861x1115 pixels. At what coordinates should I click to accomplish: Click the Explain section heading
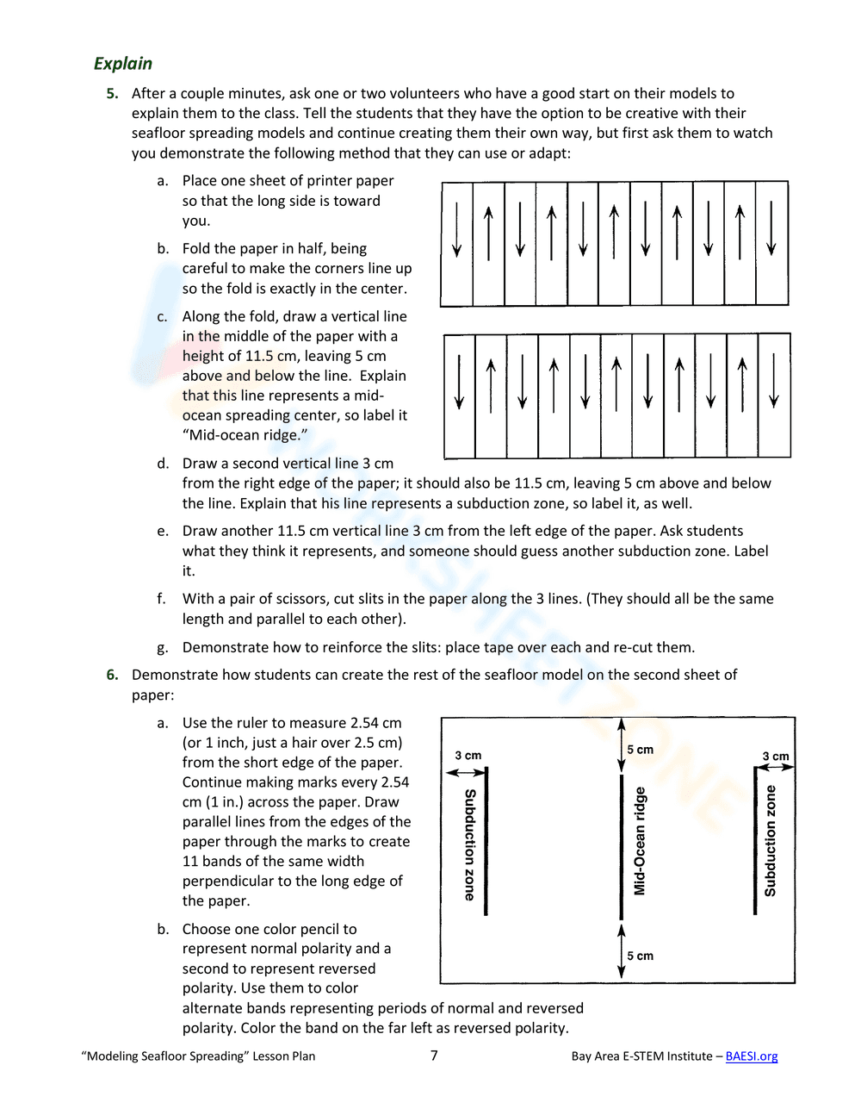tap(123, 64)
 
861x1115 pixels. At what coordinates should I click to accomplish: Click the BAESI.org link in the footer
tap(751, 1056)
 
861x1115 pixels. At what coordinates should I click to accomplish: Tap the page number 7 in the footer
tap(434, 1055)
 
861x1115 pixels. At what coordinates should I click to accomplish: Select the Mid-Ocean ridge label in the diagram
tap(640, 840)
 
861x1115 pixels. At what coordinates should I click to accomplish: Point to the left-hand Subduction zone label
tap(470, 844)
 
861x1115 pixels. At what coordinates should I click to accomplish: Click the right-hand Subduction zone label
tap(771, 840)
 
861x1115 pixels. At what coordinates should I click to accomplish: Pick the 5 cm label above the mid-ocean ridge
tap(640, 750)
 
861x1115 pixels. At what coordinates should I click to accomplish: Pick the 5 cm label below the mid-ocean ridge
tap(640, 956)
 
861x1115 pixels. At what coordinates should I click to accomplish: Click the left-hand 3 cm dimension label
tap(468, 756)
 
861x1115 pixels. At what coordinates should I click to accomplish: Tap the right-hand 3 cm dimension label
tap(775, 757)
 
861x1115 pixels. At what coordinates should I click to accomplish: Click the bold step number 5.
tap(112, 94)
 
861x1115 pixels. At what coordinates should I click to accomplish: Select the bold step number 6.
tap(112, 675)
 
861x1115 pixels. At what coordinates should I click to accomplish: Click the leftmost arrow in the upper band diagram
tap(457, 229)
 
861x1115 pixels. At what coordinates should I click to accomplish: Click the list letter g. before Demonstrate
tap(163, 647)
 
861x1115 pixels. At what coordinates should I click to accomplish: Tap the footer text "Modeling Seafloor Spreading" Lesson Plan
tap(198, 1056)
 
